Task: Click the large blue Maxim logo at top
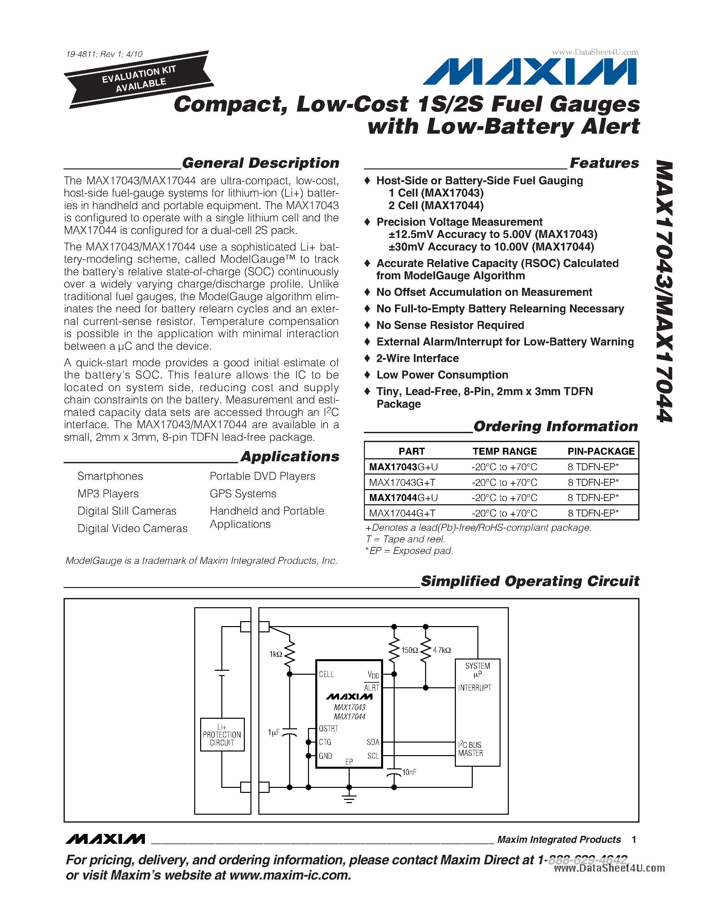point(530,72)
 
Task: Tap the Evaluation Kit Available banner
point(138,79)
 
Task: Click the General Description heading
point(260,163)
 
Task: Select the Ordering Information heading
point(555,426)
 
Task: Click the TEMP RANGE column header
point(505,451)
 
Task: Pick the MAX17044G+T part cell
point(402,513)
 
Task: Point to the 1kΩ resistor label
point(276,654)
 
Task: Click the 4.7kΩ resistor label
point(442,650)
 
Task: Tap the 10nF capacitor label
point(409,772)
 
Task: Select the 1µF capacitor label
point(274,732)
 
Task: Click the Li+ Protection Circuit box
point(222,735)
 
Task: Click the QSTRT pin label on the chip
point(329,728)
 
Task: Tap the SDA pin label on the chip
point(373,742)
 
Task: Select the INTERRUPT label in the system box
point(475,688)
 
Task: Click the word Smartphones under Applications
point(110,476)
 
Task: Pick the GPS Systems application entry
point(243,494)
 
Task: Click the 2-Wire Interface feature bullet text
point(417,358)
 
